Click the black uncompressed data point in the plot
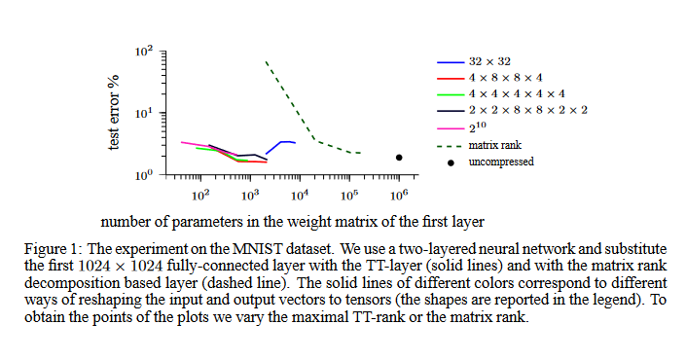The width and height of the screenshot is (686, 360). coord(399,158)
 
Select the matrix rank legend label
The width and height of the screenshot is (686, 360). coord(494,145)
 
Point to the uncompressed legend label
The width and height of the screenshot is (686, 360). coord(500,162)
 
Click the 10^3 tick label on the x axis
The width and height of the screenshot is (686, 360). coord(250,196)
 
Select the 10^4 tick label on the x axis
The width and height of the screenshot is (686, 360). coord(300,196)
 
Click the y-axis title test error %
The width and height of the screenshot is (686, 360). coord(114,113)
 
